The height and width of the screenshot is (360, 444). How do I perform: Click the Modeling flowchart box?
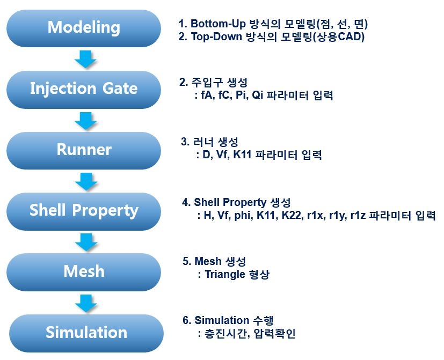point(84,28)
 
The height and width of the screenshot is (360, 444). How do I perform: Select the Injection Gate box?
point(84,90)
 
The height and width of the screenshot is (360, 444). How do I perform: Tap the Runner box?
point(84,151)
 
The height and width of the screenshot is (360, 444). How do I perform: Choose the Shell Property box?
point(84,211)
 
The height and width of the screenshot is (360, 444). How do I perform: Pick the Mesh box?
point(84,272)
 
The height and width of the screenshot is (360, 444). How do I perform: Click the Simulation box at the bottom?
point(86,333)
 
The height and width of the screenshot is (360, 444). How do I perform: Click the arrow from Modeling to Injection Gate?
point(85,59)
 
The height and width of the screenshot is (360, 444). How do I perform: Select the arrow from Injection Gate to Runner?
point(86,121)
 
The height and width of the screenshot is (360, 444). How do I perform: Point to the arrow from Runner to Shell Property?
point(86,181)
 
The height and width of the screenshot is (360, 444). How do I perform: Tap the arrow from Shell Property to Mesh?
point(86,242)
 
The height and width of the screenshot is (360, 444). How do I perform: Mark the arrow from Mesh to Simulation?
point(86,303)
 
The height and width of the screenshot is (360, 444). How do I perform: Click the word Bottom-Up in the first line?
point(218,24)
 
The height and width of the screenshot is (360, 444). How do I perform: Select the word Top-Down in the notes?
point(216,37)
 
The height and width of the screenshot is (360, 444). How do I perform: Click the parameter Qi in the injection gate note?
point(257,95)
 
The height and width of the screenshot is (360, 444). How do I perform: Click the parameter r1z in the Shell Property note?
point(359,215)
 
